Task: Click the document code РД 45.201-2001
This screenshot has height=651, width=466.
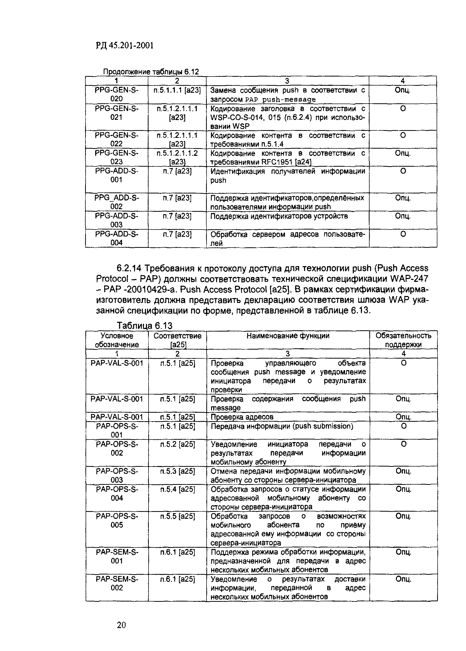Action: click(x=125, y=45)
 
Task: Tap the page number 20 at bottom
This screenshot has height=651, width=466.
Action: click(x=121, y=625)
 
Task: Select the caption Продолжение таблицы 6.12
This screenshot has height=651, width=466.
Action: click(x=151, y=72)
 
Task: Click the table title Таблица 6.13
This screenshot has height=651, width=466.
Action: click(x=144, y=326)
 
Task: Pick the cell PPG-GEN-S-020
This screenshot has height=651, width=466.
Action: click(x=117, y=94)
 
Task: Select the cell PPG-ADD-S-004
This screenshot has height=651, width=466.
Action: click(x=117, y=238)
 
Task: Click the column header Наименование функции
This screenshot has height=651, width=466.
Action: click(x=288, y=336)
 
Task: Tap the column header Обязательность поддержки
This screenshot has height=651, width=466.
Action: click(x=403, y=340)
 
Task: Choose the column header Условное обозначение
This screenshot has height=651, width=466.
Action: click(x=117, y=340)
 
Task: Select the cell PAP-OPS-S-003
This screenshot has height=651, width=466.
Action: click(x=117, y=475)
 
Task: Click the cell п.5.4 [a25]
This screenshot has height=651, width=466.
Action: click(x=178, y=489)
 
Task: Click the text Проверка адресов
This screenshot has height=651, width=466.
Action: click(x=242, y=417)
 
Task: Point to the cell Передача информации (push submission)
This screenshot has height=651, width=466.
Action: click(x=282, y=426)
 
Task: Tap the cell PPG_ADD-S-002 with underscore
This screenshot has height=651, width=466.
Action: click(x=117, y=202)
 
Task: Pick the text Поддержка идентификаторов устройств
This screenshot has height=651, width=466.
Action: click(x=279, y=216)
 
